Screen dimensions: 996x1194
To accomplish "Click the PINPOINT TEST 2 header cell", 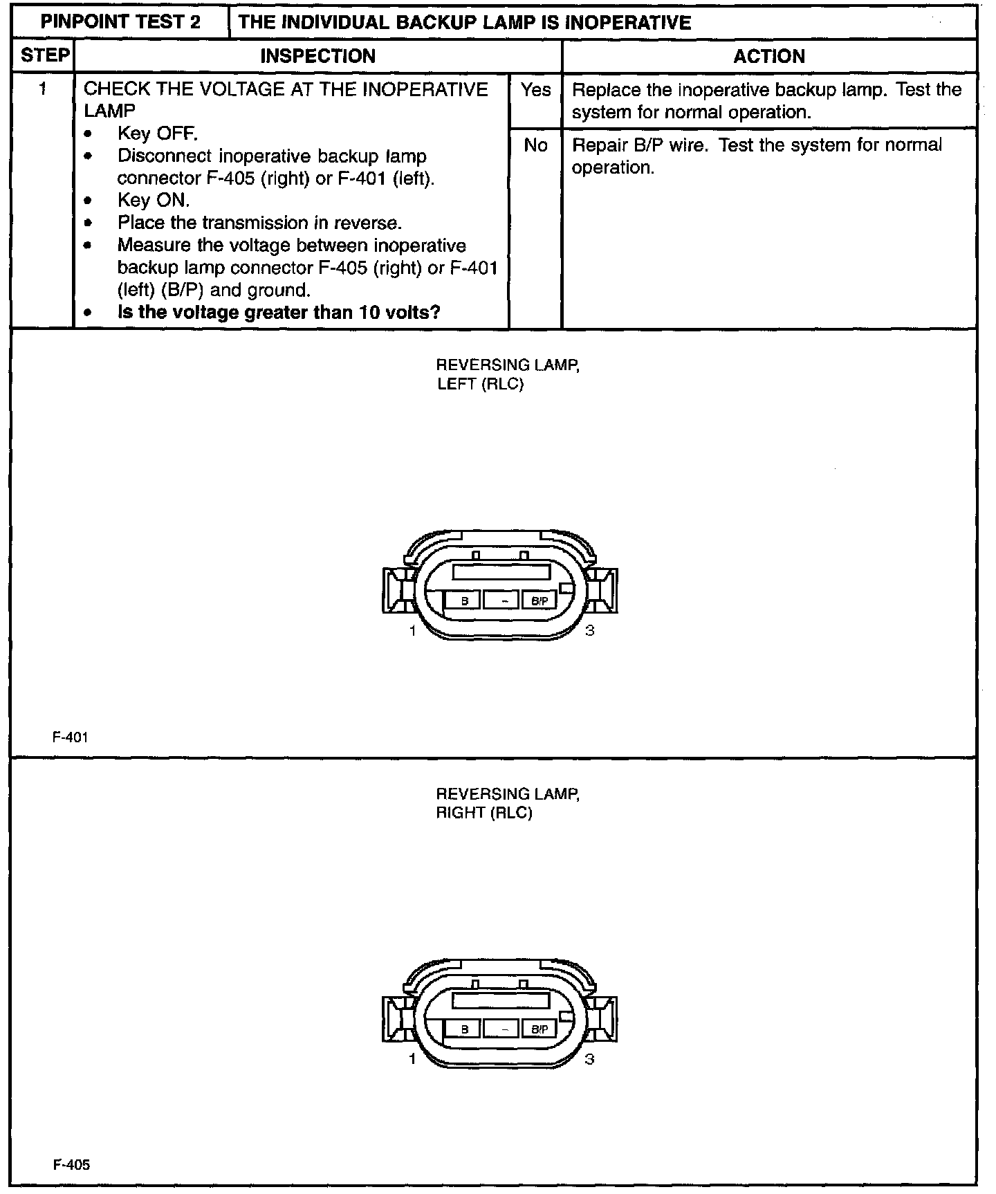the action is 120,22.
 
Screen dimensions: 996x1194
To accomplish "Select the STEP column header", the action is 44,55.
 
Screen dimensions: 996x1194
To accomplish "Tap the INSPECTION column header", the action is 317,56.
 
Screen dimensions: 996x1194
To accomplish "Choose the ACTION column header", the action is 769,56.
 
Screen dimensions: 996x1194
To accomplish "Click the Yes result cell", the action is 535,90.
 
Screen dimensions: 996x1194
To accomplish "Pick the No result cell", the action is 535,145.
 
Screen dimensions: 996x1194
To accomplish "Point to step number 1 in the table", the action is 44,89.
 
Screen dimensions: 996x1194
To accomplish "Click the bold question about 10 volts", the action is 279,312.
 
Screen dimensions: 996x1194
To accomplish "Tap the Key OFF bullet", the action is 157,134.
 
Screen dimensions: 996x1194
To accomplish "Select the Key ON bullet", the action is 153,201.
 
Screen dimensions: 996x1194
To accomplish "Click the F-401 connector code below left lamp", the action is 71,737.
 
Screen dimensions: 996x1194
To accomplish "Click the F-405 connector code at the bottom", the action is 71,1165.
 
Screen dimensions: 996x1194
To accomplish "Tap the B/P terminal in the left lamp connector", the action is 539,601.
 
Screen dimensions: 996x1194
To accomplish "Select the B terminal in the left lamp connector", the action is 464,601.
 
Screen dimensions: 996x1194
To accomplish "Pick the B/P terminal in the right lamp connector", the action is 539,1029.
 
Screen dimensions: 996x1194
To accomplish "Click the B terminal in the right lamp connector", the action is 464,1029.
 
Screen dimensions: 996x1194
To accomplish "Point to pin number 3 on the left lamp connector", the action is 589,630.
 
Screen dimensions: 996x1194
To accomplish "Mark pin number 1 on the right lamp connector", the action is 413,1059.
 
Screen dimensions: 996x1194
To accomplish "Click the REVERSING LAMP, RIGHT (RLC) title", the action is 507,803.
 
